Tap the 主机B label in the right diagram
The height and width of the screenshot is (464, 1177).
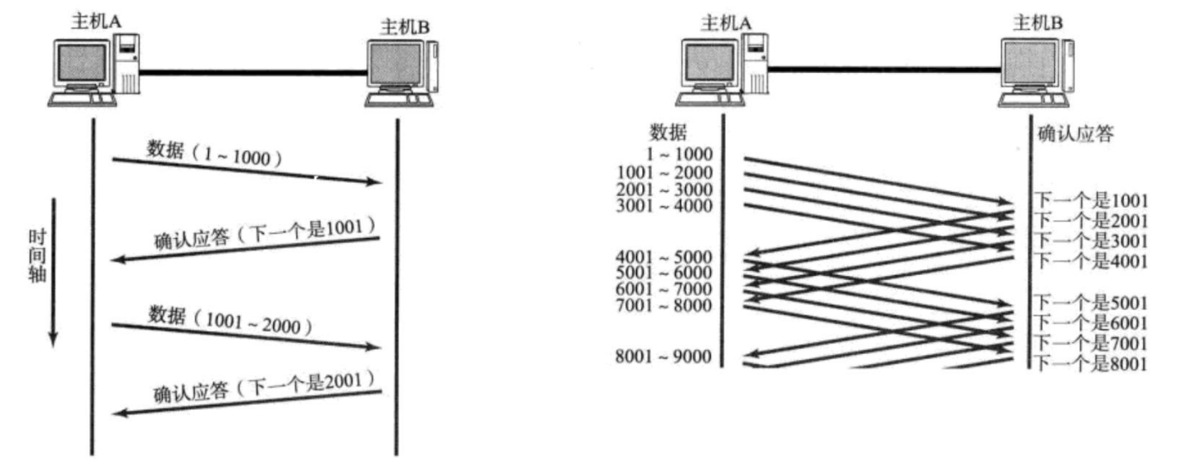click(x=1035, y=21)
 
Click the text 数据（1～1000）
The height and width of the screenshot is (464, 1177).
click(x=215, y=155)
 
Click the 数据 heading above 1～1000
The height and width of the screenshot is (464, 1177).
click(x=668, y=132)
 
